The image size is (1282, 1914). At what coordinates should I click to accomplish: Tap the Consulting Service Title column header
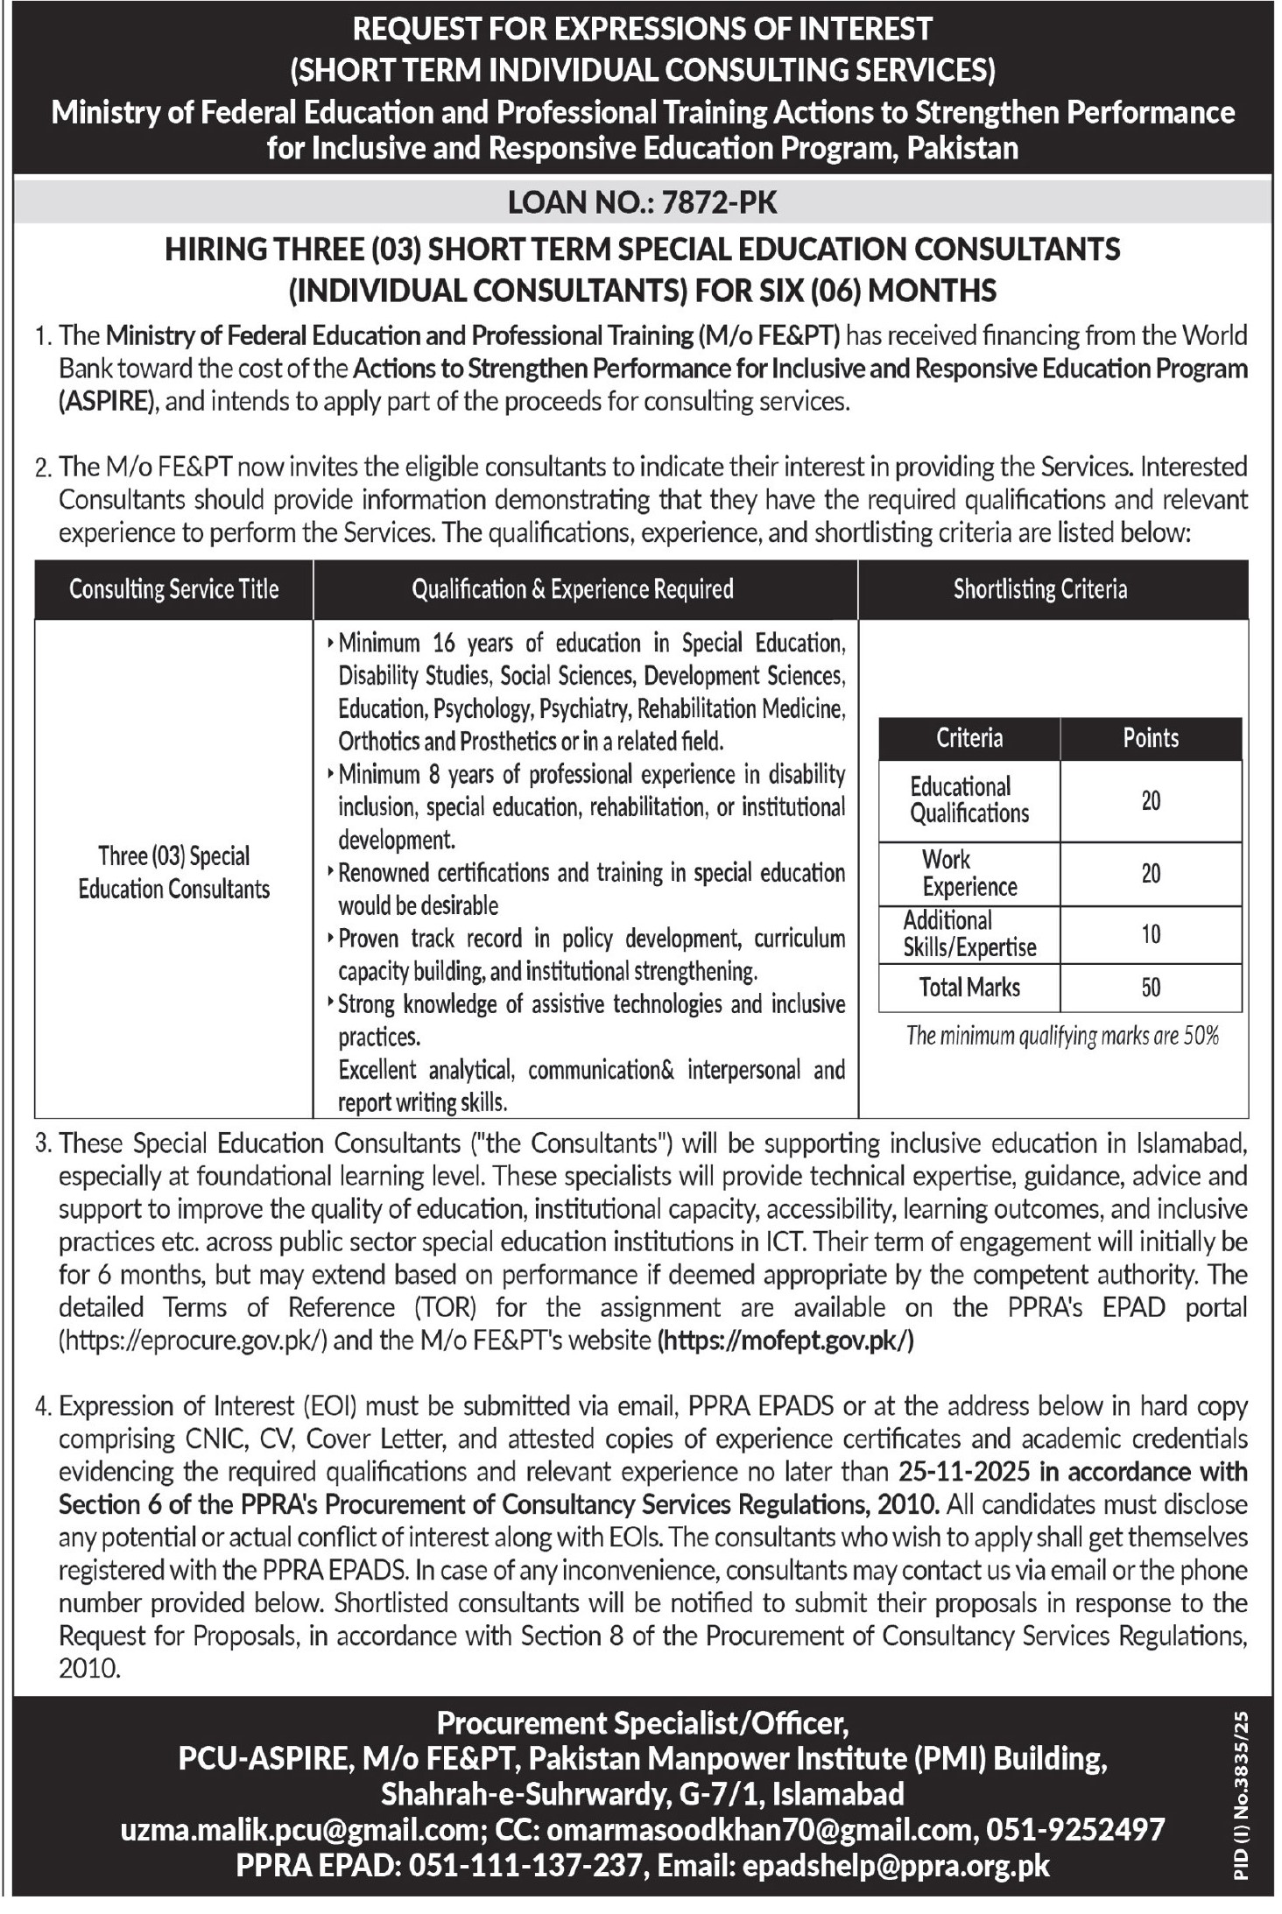pos(173,589)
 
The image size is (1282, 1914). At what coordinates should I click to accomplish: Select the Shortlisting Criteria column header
pos(1039,589)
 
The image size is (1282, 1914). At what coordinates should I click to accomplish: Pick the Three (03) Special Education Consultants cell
pos(173,872)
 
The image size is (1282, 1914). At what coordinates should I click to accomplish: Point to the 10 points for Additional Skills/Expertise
pos(1151,934)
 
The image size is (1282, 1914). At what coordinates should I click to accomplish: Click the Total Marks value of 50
pos(1151,988)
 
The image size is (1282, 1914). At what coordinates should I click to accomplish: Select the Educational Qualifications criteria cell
pos(969,800)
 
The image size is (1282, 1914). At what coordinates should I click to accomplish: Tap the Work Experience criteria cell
pos(969,873)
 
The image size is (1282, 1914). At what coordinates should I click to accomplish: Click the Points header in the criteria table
pos(1151,738)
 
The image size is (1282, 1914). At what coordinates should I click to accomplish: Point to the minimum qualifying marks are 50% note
pos(1062,1037)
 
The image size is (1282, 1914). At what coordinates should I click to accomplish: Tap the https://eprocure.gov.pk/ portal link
pos(193,1341)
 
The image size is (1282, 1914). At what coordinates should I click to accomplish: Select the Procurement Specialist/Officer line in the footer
pos(642,1724)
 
